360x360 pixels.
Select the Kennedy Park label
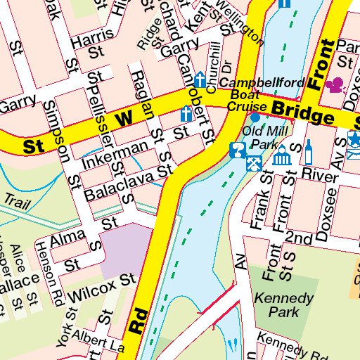coord(284,304)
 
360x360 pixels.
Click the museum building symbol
coord(282,157)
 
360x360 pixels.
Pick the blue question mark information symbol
coord(237,149)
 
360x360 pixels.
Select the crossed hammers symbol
coord(252,162)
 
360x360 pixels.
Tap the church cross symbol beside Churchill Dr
coord(200,80)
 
